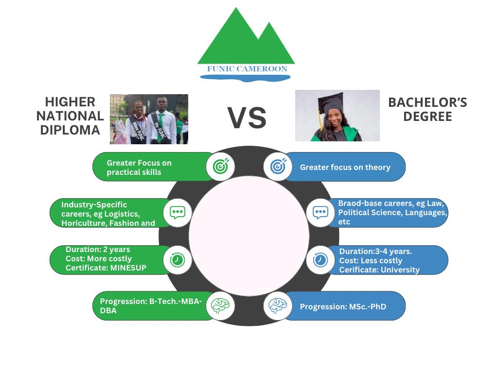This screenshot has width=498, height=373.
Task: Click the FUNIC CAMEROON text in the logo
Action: click(247, 69)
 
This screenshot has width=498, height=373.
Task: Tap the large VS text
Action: click(247, 118)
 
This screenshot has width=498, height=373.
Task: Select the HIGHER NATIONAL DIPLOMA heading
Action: click(70, 116)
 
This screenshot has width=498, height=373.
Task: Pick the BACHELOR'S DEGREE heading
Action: click(427, 109)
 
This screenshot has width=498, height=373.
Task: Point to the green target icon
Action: click(221, 167)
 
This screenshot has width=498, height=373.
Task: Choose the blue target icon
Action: click(278, 167)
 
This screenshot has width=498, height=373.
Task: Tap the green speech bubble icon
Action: click(178, 212)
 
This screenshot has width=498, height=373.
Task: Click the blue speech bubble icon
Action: click(320, 212)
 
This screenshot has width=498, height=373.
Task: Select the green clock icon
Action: click(178, 260)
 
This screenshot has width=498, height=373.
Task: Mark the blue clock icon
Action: click(320, 260)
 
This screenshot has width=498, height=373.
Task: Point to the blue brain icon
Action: click(278, 306)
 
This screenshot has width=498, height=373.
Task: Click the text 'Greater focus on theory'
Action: click(345, 167)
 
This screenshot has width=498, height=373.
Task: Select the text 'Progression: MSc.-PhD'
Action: click(343, 306)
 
